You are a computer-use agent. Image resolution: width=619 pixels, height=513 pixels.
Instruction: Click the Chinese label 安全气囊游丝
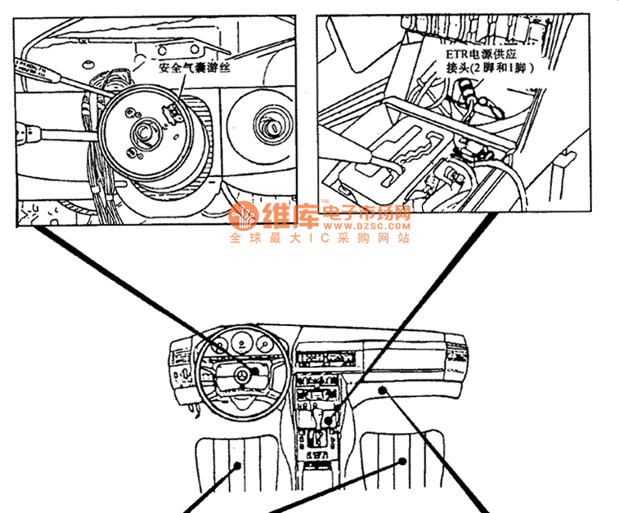point(195,69)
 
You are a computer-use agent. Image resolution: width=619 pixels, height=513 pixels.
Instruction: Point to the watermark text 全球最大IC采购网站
point(318,239)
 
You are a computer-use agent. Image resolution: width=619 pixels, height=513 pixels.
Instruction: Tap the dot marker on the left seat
point(238,466)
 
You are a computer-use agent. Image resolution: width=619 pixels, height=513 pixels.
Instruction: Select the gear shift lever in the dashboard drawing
point(329,419)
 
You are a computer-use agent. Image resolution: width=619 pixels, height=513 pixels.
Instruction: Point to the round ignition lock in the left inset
point(269,123)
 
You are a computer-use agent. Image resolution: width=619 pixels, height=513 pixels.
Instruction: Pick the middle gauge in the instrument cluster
point(243,345)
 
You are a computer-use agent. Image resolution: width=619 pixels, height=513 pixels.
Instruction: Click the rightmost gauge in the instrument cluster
point(266,345)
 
